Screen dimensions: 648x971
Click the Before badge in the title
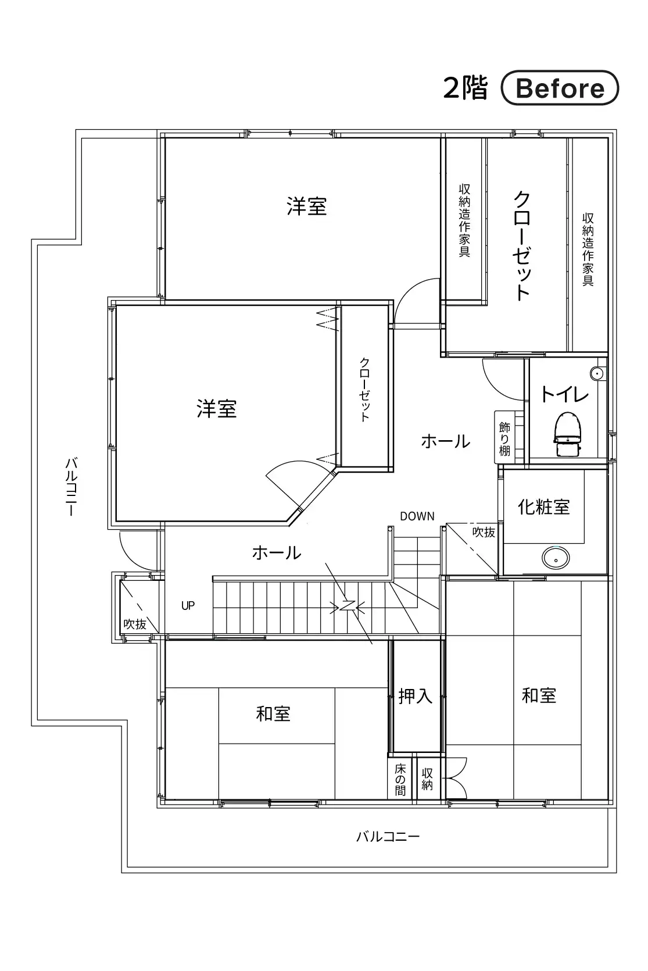pos(560,88)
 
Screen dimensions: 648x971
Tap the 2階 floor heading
pos(466,88)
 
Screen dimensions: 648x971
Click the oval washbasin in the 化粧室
pos(556,558)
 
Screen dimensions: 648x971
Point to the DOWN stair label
pos(417,516)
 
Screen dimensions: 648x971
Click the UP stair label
pos(188,606)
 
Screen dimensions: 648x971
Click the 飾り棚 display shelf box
pos(504,437)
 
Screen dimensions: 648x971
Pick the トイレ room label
pos(564,394)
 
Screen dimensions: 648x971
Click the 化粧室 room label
pos(543,506)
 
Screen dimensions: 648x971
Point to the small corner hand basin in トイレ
pos(598,373)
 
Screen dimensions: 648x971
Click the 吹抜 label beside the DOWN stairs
pos(484,533)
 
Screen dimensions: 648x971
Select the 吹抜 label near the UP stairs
pos(135,624)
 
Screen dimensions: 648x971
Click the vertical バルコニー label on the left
pos(71,486)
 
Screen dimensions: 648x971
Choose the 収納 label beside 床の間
pos(427,779)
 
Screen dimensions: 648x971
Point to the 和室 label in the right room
pos(539,695)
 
